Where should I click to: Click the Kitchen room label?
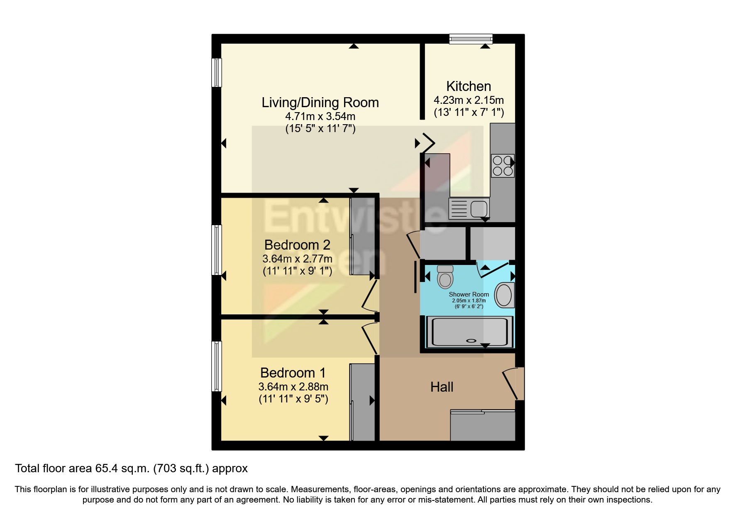point(469,86)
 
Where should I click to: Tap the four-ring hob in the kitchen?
point(503,166)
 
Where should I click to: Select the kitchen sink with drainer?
point(469,208)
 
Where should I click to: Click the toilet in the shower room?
point(445,277)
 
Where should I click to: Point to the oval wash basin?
point(504,295)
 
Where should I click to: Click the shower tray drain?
point(472,341)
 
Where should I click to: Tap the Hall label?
point(442,387)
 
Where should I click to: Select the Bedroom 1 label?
point(293,373)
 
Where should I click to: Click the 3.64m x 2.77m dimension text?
point(297,259)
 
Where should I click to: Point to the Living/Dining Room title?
point(320,103)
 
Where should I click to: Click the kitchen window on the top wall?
point(471,39)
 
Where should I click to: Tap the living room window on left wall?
point(216,73)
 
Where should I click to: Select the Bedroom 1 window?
point(216,366)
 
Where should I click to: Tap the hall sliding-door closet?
point(483,426)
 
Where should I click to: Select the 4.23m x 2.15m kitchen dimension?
point(469,100)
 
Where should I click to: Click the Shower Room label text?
point(469,294)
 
